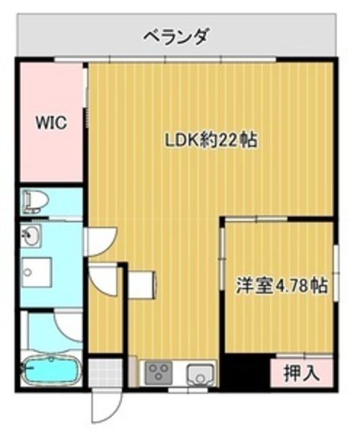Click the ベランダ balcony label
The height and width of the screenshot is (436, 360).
click(x=176, y=36)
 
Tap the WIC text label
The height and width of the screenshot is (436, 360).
click(x=52, y=122)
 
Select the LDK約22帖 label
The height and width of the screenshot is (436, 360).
click(x=211, y=140)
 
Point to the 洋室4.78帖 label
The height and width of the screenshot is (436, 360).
click(x=281, y=285)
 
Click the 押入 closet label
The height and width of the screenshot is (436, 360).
click(x=301, y=373)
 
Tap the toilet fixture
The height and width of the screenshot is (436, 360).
click(x=35, y=201)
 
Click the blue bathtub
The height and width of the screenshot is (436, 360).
click(x=52, y=370)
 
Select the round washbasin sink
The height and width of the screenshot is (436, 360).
click(x=31, y=236)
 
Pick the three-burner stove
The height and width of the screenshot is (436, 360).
click(x=159, y=373)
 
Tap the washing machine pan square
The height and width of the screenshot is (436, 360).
click(x=37, y=272)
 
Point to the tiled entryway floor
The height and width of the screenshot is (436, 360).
click(x=105, y=372)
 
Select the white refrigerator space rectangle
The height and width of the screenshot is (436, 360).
click(x=142, y=285)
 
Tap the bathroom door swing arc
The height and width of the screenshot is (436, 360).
click(x=68, y=326)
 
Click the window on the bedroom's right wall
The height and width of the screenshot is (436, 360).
click(x=336, y=272)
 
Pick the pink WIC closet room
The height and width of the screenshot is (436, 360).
click(x=52, y=123)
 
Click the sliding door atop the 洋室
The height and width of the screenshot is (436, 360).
click(x=256, y=219)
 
